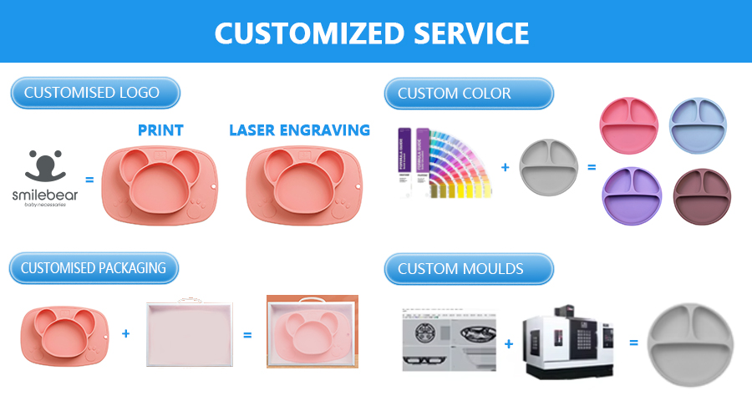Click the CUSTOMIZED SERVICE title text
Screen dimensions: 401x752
pos(372,33)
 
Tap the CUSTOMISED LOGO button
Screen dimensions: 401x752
pos(94,93)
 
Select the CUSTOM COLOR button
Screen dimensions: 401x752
pos(468,94)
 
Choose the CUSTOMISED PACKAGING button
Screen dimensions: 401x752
pos(94,269)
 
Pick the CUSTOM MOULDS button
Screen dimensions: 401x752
pos(468,269)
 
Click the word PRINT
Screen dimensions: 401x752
pos(160,130)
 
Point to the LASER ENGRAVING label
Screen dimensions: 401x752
pos(299,130)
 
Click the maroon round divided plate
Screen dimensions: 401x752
pos(702,197)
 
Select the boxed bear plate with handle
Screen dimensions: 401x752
pos(312,332)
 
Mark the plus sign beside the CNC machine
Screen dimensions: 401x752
pos(508,343)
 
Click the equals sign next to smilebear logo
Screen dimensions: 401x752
pos(90,177)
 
